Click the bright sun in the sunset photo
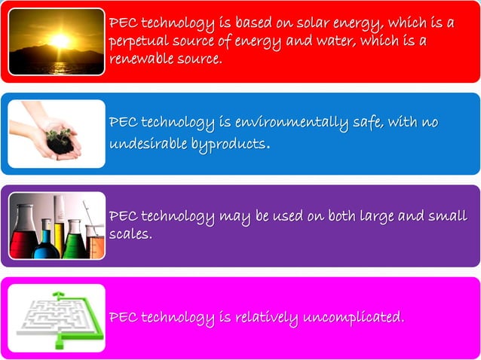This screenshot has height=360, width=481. [59, 39]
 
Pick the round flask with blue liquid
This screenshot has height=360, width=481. [47, 243]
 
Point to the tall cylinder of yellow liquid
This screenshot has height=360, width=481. [59, 226]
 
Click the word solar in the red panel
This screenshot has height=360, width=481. [311, 23]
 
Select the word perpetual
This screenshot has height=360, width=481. [139, 41]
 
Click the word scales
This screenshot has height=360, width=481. [130, 234]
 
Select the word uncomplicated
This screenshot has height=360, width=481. [353, 318]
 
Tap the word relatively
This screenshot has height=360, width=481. [264, 318]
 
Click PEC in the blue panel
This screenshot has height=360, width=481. [124, 123]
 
